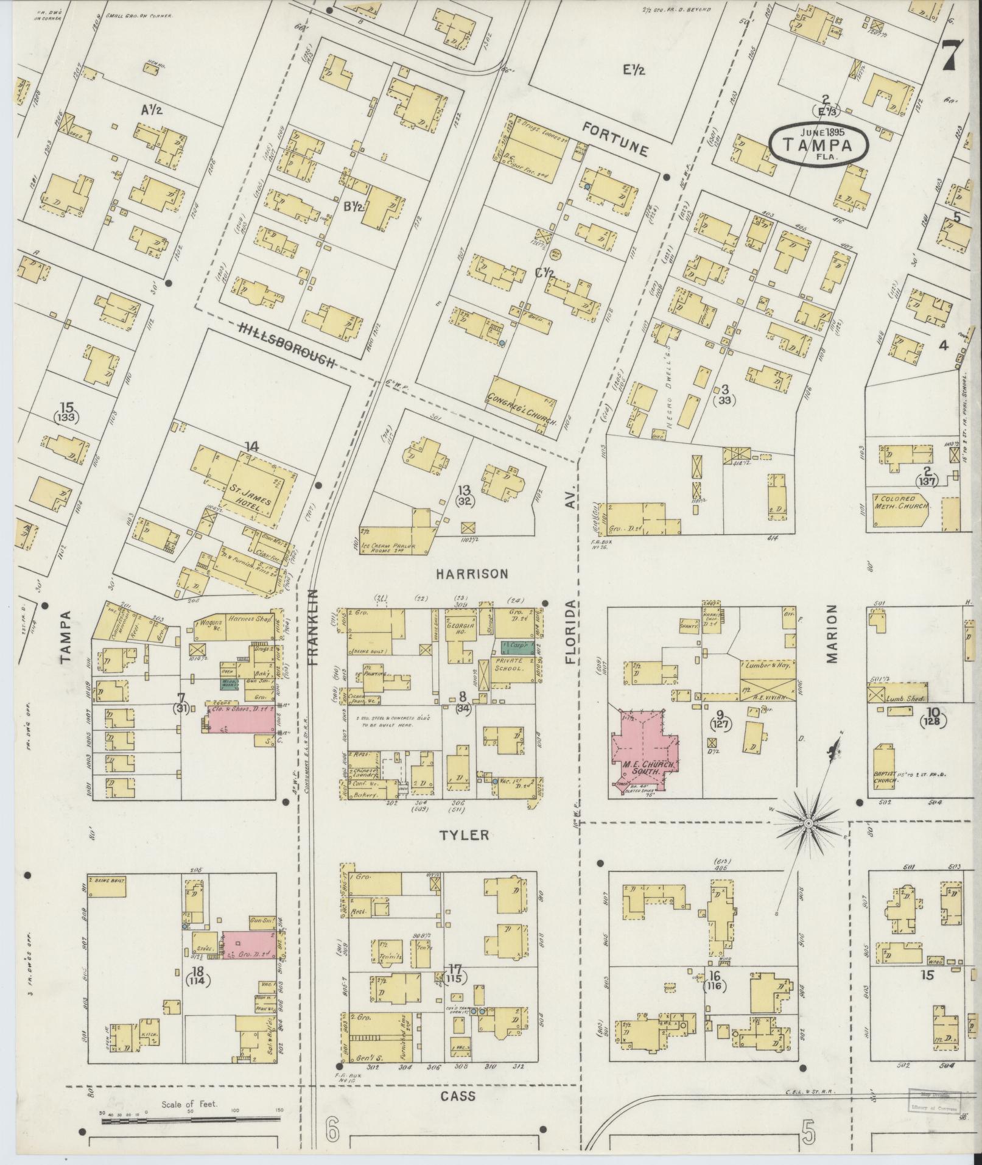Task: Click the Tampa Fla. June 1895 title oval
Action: click(x=817, y=144)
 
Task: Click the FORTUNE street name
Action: click(x=615, y=138)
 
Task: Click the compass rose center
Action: click(x=808, y=823)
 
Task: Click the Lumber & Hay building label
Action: click(x=766, y=666)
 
